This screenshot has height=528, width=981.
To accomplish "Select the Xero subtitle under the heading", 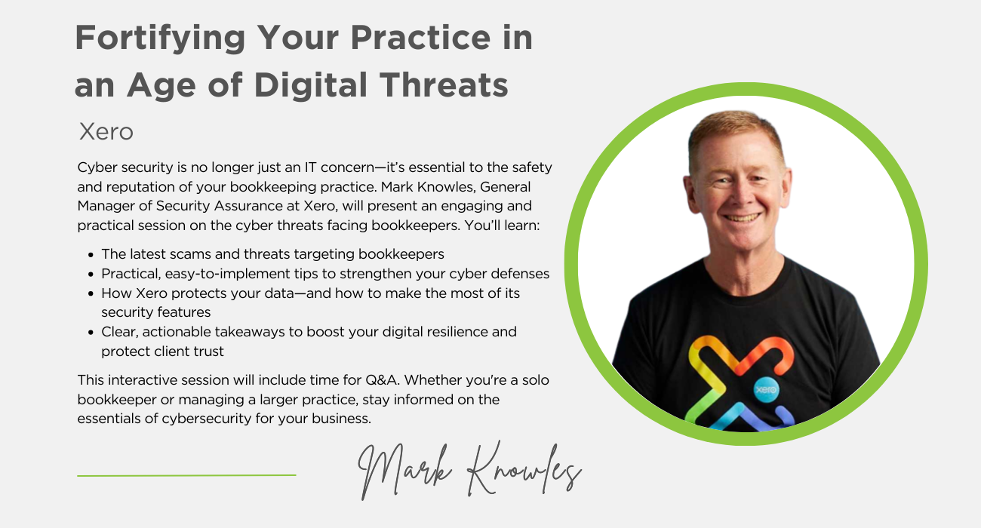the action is coord(106,131).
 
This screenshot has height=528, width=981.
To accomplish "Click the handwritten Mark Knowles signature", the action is coord(469,471).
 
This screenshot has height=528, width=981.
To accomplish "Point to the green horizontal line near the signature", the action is coord(186,475).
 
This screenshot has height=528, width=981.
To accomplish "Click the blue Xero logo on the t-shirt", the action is coord(766,389).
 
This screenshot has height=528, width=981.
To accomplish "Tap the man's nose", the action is coord(741,197).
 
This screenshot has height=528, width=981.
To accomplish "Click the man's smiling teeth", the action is coord(742,217).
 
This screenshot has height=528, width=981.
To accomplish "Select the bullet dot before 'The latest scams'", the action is coord(91,255).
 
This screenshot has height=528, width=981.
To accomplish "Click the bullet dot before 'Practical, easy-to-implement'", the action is coord(91,275).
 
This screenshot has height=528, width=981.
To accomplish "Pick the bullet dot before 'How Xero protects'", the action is coord(91,293).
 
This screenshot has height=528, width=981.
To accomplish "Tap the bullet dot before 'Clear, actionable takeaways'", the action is coord(91,333).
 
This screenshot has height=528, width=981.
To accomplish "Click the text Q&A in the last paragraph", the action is coord(381,380).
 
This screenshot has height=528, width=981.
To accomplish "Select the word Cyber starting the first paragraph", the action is coord(97,167).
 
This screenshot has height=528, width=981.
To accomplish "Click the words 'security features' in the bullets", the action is coord(156,312).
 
